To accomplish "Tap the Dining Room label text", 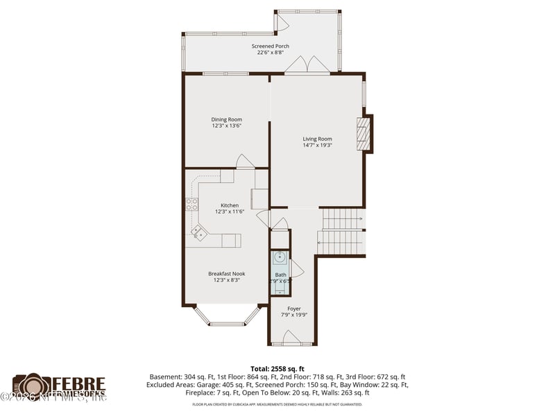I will (x=227, y=119).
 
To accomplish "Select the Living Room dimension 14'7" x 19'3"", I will (x=317, y=145).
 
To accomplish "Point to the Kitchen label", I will (x=230, y=205).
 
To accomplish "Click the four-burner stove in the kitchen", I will (x=191, y=205).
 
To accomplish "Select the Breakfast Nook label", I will (x=227, y=274).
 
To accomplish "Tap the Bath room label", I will (x=280, y=275).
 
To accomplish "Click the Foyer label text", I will (x=294, y=309).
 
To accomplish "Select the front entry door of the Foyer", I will (x=292, y=338).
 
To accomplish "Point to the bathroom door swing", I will (x=296, y=269).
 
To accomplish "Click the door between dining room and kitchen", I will (x=245, y=162).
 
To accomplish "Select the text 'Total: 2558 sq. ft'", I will (x=277, y=368).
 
